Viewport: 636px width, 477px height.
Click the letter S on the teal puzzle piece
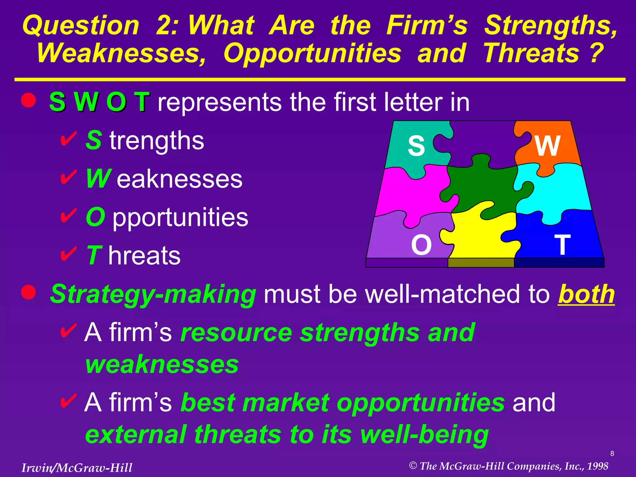pos(416,146)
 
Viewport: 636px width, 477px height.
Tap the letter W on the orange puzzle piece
pos(547,146)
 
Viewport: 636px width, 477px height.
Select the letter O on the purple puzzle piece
pos(421,245)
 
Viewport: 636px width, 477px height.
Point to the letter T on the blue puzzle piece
pos(562,245)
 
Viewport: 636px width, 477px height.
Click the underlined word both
pos(586,294)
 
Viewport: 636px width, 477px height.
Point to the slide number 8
pos(612,454)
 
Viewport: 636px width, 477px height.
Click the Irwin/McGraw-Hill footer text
pos(77,468)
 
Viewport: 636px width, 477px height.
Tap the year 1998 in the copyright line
pos(597,466)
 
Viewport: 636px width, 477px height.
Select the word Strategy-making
pos(153,294)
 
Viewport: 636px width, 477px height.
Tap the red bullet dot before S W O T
pos(29,100)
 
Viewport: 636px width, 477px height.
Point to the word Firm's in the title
pos(427,25)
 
